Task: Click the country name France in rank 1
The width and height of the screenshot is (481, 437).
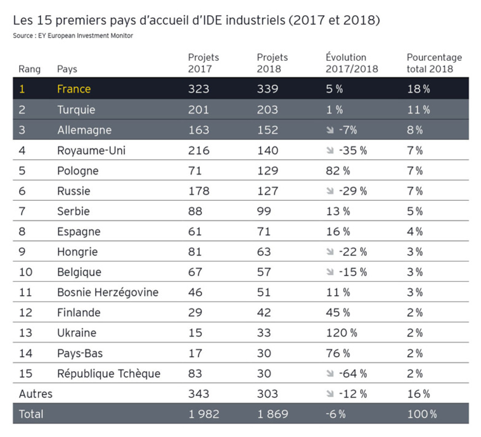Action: [x=74, y=89]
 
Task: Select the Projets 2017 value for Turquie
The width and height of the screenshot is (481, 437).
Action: [x=198, y=110]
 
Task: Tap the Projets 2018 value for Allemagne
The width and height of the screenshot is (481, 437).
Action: [x=267, y=130]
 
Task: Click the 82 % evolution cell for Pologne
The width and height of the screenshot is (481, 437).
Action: [x=338, y=170]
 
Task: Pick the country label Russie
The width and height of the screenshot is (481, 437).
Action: [x=74, y=191]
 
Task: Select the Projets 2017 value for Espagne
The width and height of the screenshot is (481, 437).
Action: [x=195, y=231]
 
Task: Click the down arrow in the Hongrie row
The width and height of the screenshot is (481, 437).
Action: [x=330, y=251]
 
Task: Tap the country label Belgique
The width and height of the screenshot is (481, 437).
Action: [x=79, y=272]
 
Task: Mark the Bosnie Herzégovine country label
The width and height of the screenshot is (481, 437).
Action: [x=108, y=292]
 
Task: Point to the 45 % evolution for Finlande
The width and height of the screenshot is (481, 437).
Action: [x=338, y=312]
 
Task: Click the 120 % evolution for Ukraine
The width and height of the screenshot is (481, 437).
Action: [x=341, y=332]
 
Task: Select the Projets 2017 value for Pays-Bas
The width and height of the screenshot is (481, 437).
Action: [x=195, y=353]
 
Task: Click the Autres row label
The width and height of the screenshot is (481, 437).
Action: [x=35, y=393]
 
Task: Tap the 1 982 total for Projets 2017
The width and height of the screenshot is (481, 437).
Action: [x=203, y=414]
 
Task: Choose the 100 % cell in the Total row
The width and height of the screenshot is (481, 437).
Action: [x=421, y=414]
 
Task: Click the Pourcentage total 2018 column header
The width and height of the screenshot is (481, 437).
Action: [x=434, y=63]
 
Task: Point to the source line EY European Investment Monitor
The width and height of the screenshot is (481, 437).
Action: [x=73, y=35]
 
